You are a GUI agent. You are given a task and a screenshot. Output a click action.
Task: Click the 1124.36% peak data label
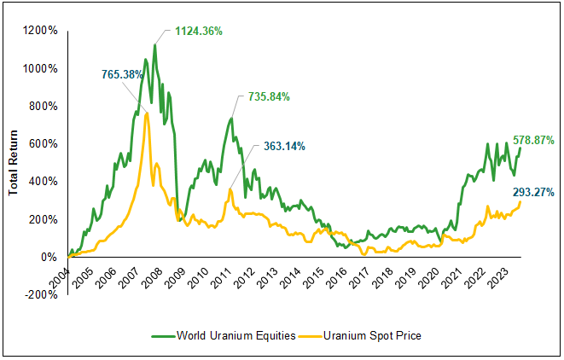(199, 32)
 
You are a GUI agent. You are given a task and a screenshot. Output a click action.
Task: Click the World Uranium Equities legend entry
(231, 336)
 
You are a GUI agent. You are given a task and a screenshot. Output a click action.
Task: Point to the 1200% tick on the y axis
(40, 31)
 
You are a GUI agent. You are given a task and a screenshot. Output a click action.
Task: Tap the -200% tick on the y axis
(40, 294)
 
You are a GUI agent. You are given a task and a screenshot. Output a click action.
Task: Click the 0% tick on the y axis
(49, 257)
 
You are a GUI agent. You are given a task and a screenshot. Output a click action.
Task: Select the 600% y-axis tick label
(43, 143)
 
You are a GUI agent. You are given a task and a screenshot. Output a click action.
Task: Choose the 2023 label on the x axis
(504, 277)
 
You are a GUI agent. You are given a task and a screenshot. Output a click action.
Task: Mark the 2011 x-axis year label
(224, 277)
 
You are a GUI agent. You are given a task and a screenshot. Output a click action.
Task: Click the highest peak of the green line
(155, 44)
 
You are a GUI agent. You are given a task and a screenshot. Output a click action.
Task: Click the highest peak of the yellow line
(146, 113)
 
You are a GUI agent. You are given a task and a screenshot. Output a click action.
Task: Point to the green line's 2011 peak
(230, 118)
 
